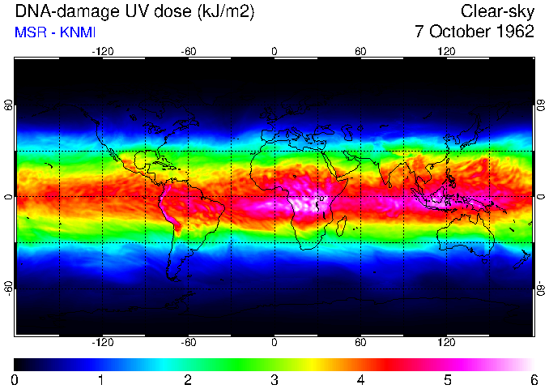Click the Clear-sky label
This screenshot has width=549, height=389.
497,11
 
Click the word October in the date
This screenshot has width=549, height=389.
457,32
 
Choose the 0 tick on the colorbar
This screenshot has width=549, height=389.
15,379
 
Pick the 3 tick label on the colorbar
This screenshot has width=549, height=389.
274,379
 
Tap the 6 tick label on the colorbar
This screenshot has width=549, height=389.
534,379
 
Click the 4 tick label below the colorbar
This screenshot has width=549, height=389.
360,379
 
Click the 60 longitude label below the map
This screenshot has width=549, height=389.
360,342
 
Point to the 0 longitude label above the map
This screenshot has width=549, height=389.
274,52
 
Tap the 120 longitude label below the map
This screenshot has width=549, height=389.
447,342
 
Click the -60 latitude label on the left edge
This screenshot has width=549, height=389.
9,289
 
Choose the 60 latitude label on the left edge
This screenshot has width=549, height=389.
9,105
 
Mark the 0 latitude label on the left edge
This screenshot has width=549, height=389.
9,197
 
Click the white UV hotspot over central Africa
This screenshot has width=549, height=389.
309,203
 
